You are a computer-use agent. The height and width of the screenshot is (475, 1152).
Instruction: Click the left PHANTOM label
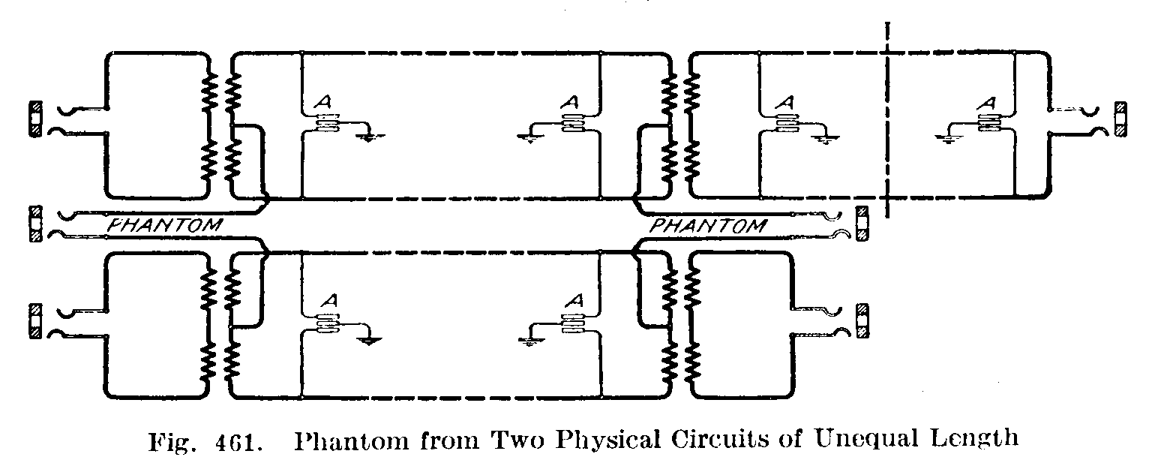pyautogui.click(x=166, y=224)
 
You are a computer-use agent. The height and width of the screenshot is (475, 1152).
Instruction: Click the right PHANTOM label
pyautogui.click(x=709, y=224)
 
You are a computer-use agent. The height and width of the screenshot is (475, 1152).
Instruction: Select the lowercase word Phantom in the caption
pyautogui.click(x=346, y=438)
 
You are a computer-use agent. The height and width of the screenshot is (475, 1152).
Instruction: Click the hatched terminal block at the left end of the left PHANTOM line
pyautogui.click(x=34, y=224)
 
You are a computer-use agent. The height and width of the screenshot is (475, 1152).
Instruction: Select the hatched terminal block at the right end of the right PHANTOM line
pyautogui.click(x=862, y=224)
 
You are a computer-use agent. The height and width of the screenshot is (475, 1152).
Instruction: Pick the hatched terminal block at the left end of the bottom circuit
pyautogui.click(x=34, y=321)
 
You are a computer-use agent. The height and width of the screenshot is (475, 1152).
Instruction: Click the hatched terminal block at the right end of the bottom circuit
pyautogui.click(x=862, y=321)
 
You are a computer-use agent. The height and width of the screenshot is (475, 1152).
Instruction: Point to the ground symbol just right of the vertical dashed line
pyautogui.click(x=947, y=136)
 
